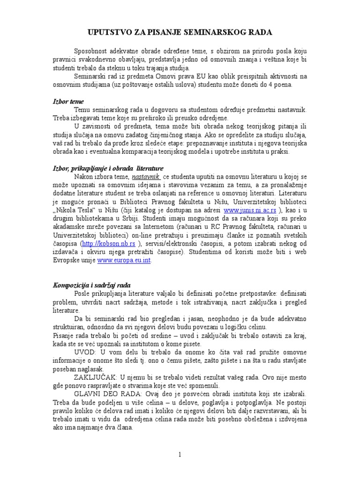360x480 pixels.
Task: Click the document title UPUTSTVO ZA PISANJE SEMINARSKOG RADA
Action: tap(180, 32)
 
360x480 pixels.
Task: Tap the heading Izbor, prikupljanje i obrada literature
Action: tap(107, 168)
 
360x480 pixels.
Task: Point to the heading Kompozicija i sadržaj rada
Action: tap(91, 285)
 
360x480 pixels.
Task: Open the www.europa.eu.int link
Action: tap(124, 261)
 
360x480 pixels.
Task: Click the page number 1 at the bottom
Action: tap(180, 454)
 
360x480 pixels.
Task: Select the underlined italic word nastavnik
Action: tap(146, 177)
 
